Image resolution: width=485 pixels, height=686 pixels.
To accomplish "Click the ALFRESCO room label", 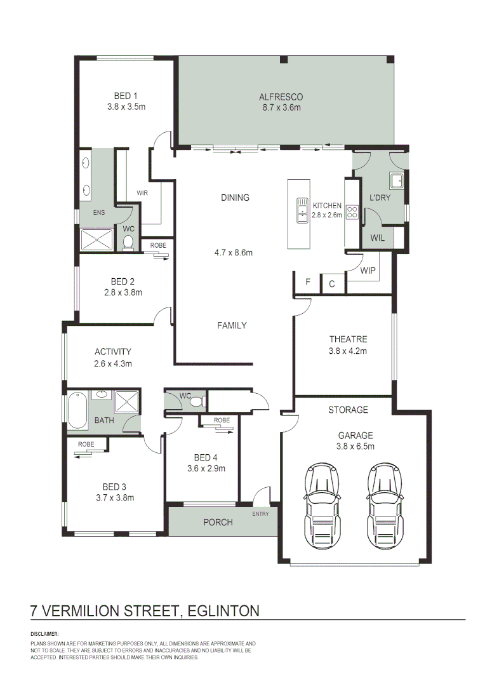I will (x=281, y=97).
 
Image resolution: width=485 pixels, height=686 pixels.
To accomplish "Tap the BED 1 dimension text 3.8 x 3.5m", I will (x=126, y=107).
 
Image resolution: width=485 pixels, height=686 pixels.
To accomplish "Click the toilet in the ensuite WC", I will (x=128, y=242).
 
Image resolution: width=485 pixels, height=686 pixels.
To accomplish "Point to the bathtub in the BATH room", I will (x=77, y=410).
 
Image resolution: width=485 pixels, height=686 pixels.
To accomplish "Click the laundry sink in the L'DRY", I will (x=396, y=181).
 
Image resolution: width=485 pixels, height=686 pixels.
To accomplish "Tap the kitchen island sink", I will (x=302, y=211).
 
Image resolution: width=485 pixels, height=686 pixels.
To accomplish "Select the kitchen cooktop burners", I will (x=352, y=210).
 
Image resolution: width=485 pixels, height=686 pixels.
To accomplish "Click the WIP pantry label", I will (x=368, y=271).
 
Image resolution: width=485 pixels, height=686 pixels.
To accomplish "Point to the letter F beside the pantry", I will (x=308, y=282).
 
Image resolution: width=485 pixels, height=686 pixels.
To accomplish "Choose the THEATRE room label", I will (x=348, y=339).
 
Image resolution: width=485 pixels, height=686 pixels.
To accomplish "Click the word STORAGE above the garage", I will (x=348, y=410).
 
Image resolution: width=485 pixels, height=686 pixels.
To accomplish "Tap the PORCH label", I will (x=218, y=522).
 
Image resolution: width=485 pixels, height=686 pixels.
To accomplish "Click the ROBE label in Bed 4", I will (x=222, y=420).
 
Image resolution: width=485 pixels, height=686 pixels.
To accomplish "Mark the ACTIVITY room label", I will (x=113, y=352).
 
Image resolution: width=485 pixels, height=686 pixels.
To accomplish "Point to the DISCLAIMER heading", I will (x=44, y=634).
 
